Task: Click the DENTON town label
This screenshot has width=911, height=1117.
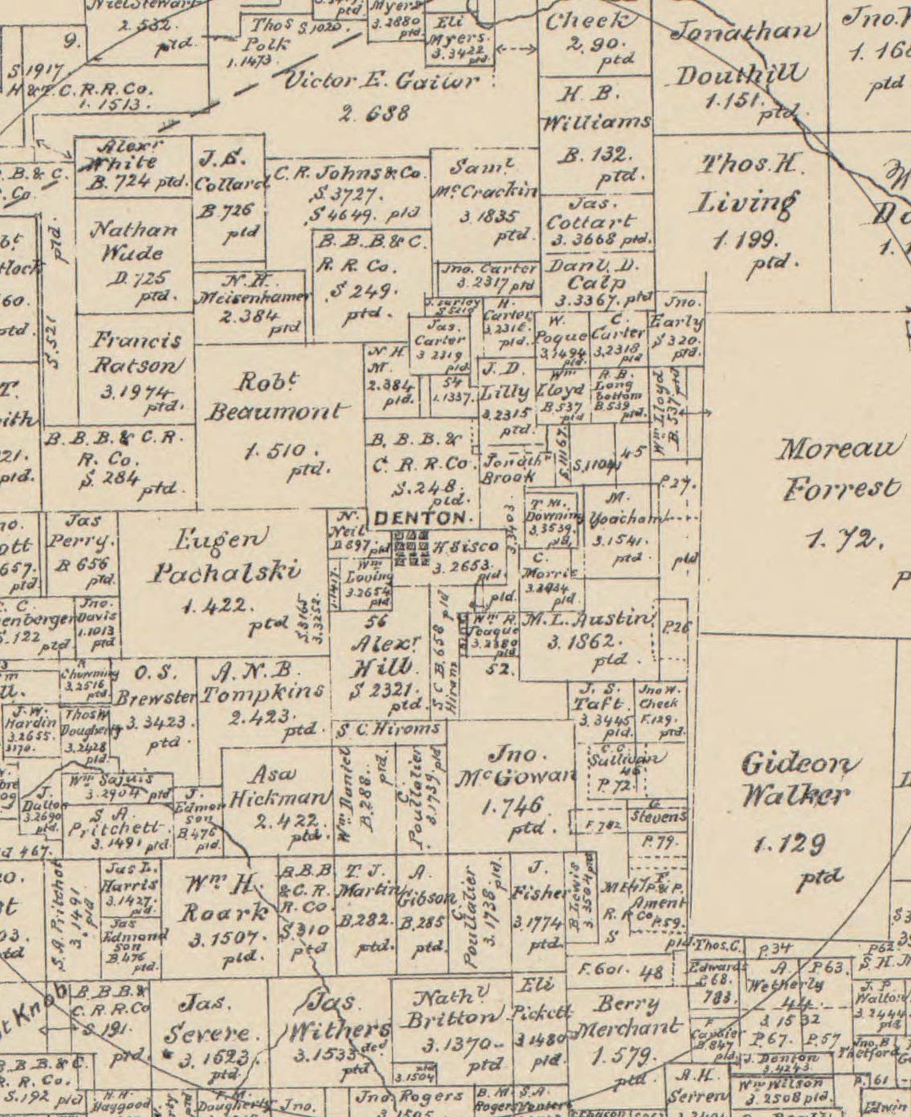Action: [x=420, y=518]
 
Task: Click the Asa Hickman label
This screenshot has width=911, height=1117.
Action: [x=278, y=787]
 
